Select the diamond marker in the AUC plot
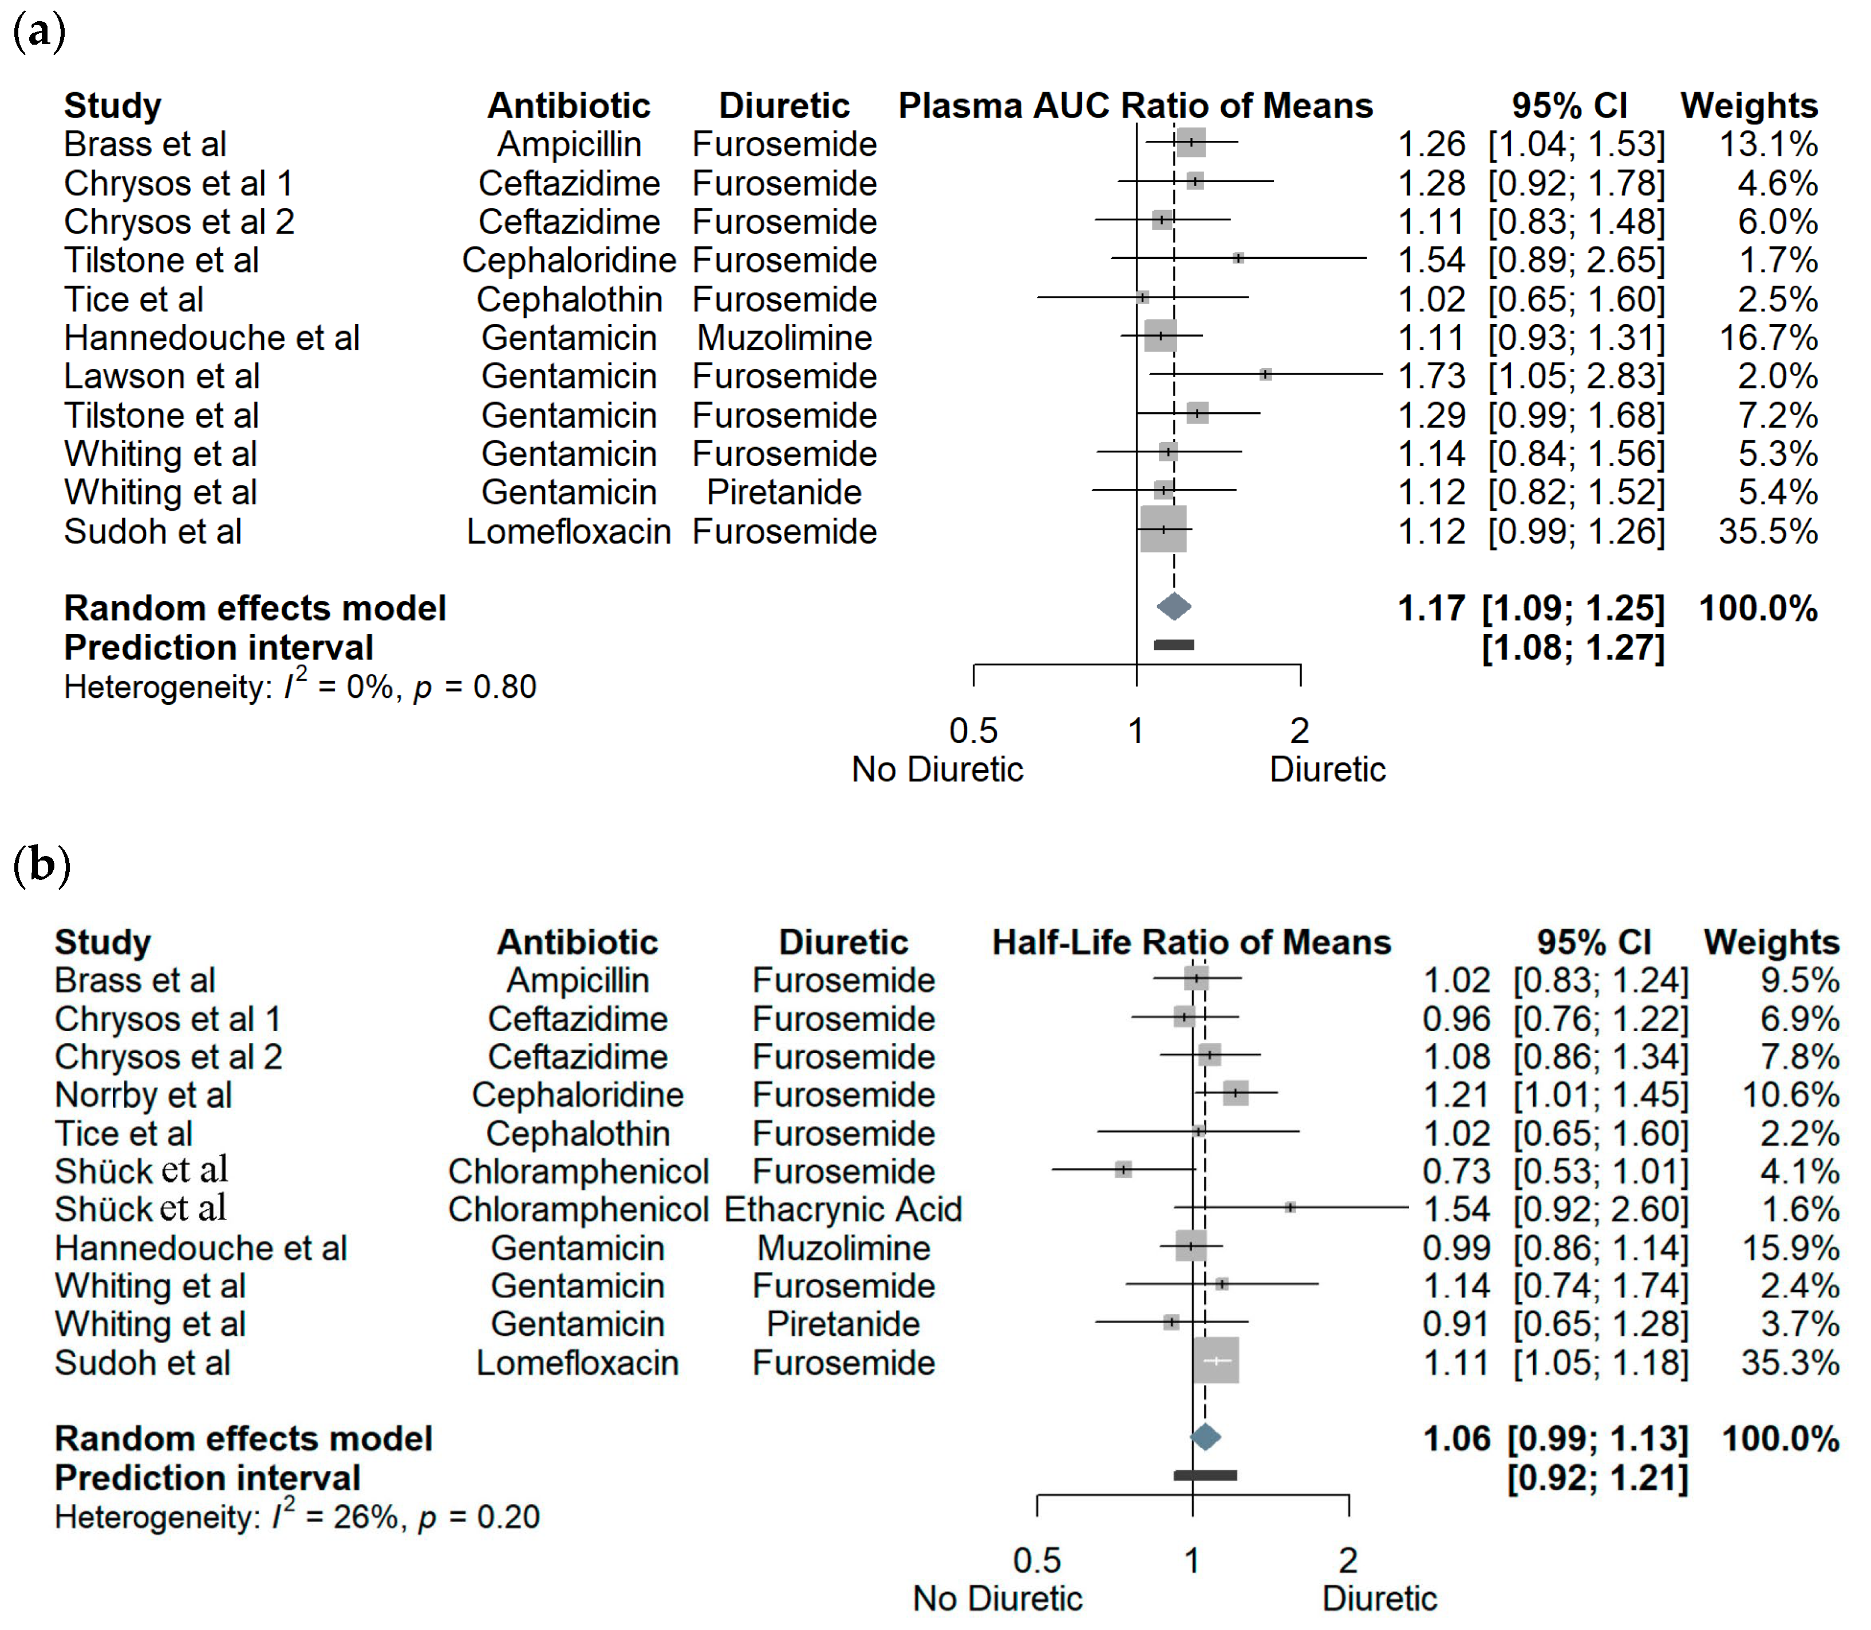point(1173,607)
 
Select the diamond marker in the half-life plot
point(1205,1437)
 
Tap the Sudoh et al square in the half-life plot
point(1216,1361)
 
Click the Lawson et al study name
point(162,377)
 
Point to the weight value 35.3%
point(1789,1363)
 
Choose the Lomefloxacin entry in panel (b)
point(578,1363)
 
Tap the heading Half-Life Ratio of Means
point(1191,942)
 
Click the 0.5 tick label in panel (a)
point(973,731)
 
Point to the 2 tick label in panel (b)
point(1348,1561)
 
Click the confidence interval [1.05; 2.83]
point(1576,377)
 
